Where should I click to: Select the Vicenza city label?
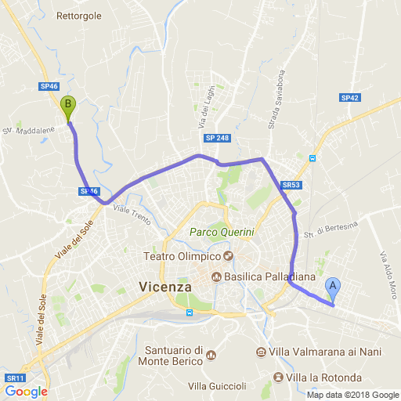[x=164, y=287]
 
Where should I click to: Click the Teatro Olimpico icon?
[x=229, y=257]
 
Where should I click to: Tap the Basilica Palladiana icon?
[x=216, y=276]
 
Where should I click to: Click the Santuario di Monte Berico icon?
[x=210, y=356]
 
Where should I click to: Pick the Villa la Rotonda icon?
[x=277, y=378]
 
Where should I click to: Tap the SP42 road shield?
[x=349, y=98]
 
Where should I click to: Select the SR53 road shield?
[x=290, y=186]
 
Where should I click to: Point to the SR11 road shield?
[x=14, y=378]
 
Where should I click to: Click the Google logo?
[x=26, y=392]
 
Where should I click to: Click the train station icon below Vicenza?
[x=189, y=312]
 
